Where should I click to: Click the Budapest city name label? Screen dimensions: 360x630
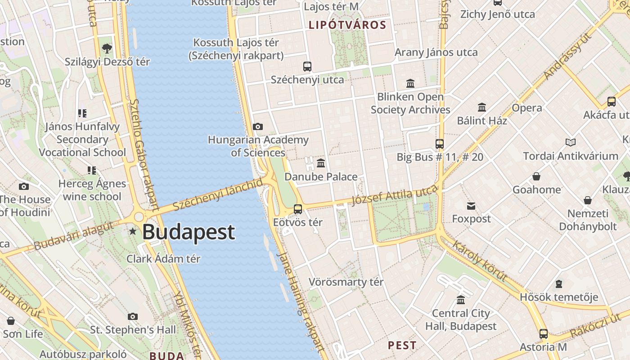point(189,232)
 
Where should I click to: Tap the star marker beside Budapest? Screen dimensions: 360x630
point(133,231)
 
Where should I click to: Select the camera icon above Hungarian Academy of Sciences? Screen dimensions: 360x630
point(258,127)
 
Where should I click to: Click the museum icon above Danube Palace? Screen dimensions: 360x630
point(321,162)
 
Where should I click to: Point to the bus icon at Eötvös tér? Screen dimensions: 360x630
point(297,209)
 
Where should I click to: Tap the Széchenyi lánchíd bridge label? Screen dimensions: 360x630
point(218,194)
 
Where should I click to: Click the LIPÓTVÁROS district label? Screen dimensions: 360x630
point(347,25)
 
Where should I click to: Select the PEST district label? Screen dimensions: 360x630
point(402,346)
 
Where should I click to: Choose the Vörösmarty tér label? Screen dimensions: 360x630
point(346,282)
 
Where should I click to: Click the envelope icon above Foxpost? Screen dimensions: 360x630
point(471,206)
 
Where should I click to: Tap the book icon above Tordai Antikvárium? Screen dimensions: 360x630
point(571,143)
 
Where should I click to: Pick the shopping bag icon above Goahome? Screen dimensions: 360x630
point(536,176)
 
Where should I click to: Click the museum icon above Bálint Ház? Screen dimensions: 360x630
point(482,107)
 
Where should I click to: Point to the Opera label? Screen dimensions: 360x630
point(526,108)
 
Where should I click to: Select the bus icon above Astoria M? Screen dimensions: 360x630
point(544,334)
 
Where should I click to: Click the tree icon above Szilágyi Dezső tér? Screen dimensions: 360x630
point(107,48)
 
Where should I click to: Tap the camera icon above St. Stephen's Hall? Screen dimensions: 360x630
point(133,316)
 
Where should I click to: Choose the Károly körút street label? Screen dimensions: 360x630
point(480,261)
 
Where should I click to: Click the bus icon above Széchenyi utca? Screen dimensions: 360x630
point(307,67)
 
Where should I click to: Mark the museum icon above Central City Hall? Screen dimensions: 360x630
point(461,300)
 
